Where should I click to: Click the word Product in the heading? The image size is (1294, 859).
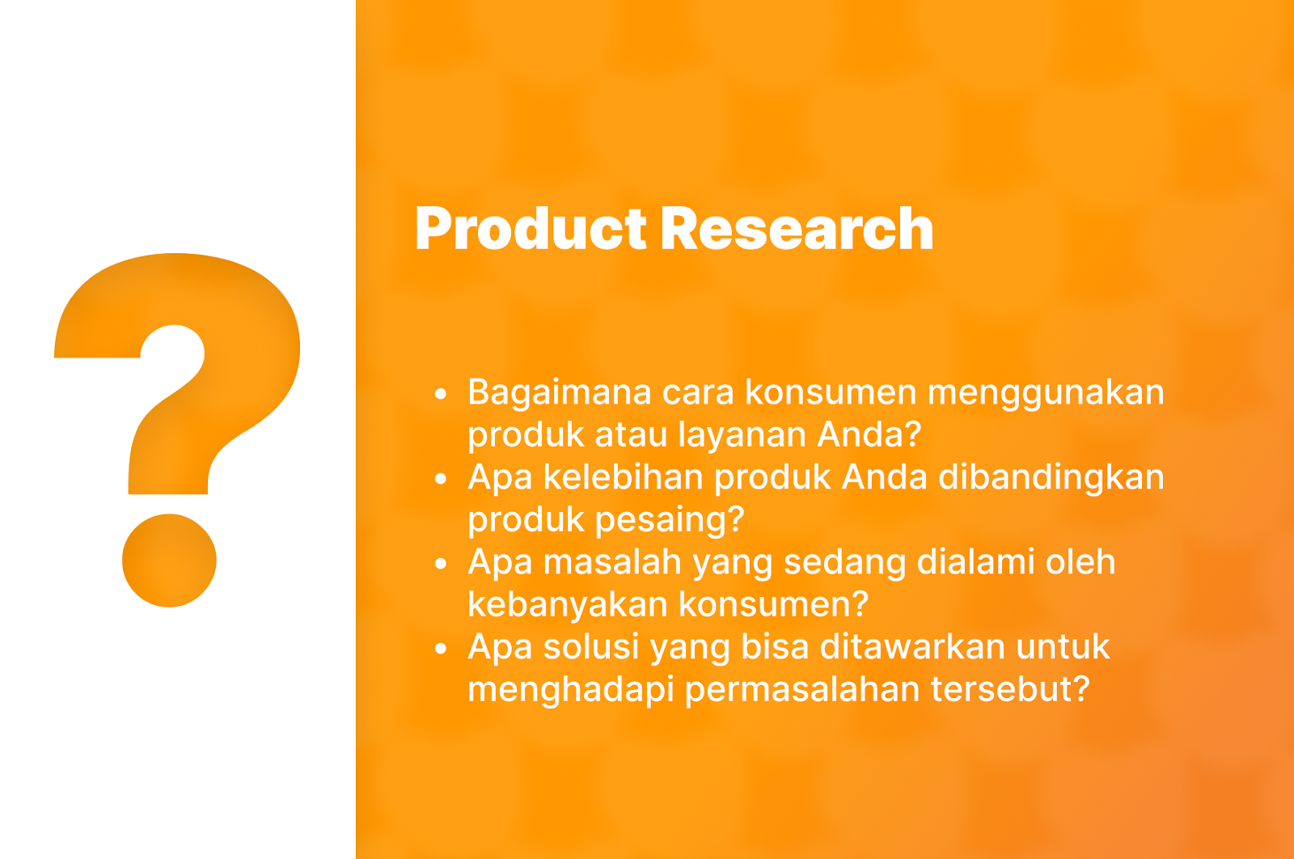[x=531, y=229]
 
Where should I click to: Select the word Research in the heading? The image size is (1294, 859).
[x=797, y=229]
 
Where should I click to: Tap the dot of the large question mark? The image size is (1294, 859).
[x=169, y=561]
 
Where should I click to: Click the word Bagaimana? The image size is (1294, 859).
[x=559, y=393]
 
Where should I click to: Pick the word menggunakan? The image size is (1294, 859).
[x=1046, y=393]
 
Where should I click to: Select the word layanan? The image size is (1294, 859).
[x=742, y=435]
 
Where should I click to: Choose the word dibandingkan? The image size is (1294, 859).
[x=1051, y=478]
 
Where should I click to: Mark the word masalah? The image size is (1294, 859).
[x=612, y=562]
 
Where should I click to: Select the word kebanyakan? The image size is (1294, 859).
[x=567, y=605]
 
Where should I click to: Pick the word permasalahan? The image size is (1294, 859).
[x=801, y=690]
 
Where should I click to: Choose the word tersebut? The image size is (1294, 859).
[x=1010, y=690]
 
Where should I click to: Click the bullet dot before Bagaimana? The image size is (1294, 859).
[x=441, y=394]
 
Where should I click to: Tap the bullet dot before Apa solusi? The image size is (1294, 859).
[x=441, y=648]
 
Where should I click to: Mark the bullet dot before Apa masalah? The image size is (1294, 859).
[x=441, y=563]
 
